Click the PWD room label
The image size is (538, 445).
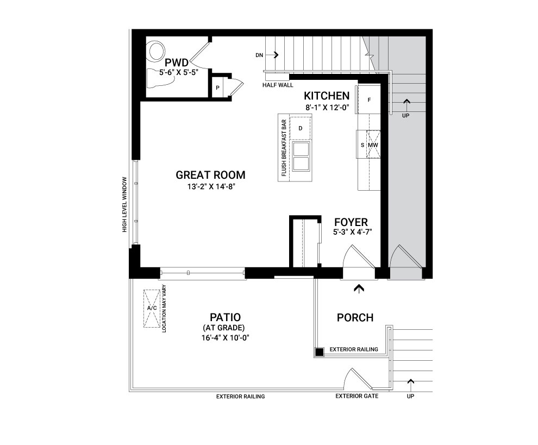[x=177, y=63]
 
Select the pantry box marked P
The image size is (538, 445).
[x=217, y=88]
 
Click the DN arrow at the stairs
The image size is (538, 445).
[x=276, y=55]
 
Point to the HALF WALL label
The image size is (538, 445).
[x=278, y=85]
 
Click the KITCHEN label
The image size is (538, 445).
[x=327, y=96]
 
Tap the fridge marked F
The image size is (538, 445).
[x=369, y=99]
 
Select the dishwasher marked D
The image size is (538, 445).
[x=301, y=128]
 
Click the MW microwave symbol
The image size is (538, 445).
[x=373, y=145]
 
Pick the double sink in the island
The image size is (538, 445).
[x=301, y=156]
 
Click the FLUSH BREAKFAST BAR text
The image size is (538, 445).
[x=284, y=148]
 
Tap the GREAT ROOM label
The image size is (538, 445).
[x=211, y=175]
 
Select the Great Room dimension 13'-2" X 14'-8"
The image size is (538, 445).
[x=211, y=187]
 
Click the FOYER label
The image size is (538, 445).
[x=351, y=222]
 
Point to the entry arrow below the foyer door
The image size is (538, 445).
[x=359, y=289]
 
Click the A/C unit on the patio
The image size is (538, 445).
[x=152, y=309]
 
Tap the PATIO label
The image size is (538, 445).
[x=225, y=317]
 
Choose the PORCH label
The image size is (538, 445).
[x=355, y=318]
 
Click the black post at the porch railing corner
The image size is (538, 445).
[x=320, y=352]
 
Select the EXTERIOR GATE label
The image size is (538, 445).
[x=357, y=396]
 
